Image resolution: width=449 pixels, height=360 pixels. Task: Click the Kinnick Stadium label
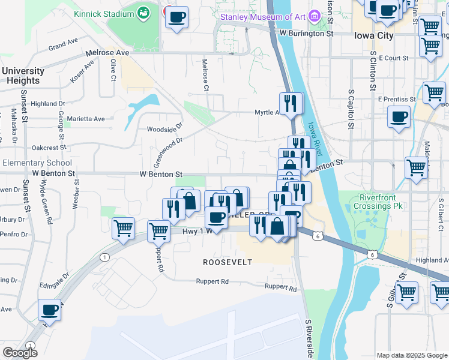103,13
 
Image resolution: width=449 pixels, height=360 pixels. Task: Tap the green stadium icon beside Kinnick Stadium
143,13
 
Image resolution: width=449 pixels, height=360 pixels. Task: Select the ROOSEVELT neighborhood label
227,262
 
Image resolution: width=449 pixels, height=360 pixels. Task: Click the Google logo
20,353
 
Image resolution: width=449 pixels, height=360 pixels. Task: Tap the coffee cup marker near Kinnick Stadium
176,17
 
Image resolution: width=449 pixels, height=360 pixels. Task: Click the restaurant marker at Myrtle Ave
291,103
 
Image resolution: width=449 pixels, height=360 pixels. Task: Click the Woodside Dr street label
164,129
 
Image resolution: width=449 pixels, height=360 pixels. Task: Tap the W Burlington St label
306,34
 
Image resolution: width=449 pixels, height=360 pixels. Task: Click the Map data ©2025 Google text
412,355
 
